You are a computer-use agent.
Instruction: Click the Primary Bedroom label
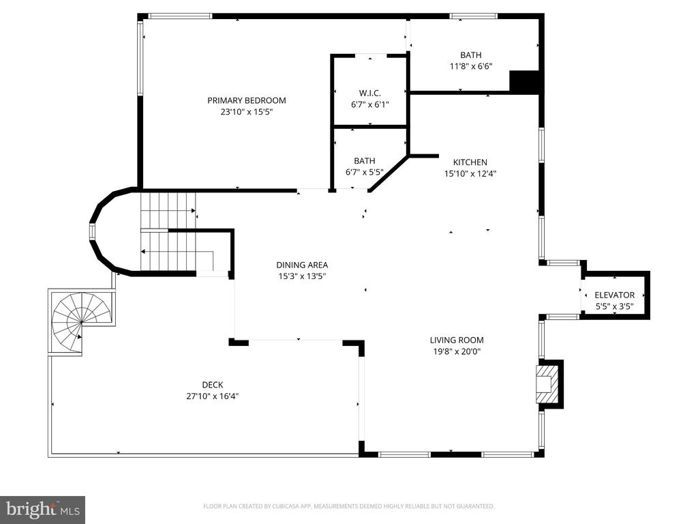(247, 100)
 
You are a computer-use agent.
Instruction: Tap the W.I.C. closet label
(370, 93)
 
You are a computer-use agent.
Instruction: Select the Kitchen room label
(470, 162)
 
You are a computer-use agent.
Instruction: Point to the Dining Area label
(302, 265)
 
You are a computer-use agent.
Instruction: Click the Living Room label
(457, 340)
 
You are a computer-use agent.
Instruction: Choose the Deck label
(213, 385)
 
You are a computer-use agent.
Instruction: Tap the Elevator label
(615, 295)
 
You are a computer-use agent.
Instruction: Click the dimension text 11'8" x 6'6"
(471, 66)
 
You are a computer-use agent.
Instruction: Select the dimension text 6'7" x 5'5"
(364, 172)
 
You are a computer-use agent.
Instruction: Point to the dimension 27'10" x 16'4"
(213, 396)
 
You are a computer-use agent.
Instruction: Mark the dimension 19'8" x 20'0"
(457, 351)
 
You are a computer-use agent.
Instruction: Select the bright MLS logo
(43, 510)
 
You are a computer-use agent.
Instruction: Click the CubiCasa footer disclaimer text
(348, 506)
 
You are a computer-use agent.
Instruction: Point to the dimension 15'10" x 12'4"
(470, 174)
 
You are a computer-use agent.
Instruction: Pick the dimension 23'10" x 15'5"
(247, 112)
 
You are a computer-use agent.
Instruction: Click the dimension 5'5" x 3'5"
(615, 306)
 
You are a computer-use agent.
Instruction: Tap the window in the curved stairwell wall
(92, 232)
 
